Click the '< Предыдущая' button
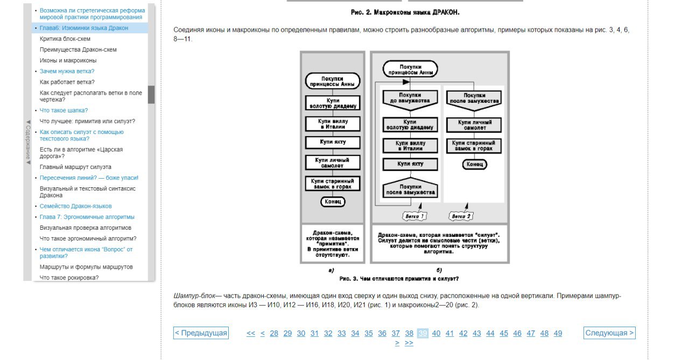[x=201, y=333]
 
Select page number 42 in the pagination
[x=463, y=333]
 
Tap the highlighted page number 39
[x=423, y=333]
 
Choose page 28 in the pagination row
[x=274, y=333]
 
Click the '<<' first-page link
[x=251, y=333]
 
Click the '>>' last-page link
[x=409, y=343]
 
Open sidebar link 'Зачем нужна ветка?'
[x=67, y=72]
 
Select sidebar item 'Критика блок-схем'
[x=65, y=39]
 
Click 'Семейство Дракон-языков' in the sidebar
[x=76, y=206]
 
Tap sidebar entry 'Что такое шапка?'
[x=64, y=110]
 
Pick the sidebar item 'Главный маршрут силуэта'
[x=75, y=167]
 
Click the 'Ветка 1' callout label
[x=414, y=216]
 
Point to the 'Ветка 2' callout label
[x=461, y=216]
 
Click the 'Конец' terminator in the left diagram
[x=333, y=202]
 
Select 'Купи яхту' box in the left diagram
[x=333, y=143]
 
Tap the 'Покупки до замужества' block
[x=410, y=100]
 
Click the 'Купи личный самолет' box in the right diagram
[x=474, y=125]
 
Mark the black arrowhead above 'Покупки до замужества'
[x=406, y=82]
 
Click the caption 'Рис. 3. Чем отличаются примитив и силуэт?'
[x=399, y=279]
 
